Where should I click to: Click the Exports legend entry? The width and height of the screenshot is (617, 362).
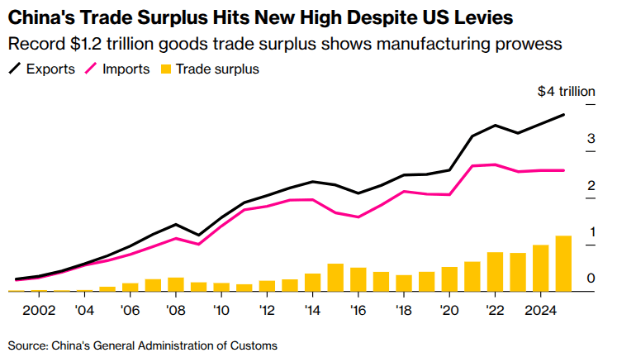point(50,69)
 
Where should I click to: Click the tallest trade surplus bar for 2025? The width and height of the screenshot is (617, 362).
point(563,264)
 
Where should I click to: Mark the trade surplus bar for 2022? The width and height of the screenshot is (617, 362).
point(496,272)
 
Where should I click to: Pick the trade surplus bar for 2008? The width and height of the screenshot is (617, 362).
point(176,284)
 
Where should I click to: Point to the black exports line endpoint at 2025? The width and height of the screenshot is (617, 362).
point(564,115)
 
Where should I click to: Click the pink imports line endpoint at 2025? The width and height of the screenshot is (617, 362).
point(564,170)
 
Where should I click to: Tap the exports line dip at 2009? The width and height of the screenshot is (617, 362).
point(198,236)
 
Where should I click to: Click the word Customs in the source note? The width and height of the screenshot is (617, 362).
point(253,345)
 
